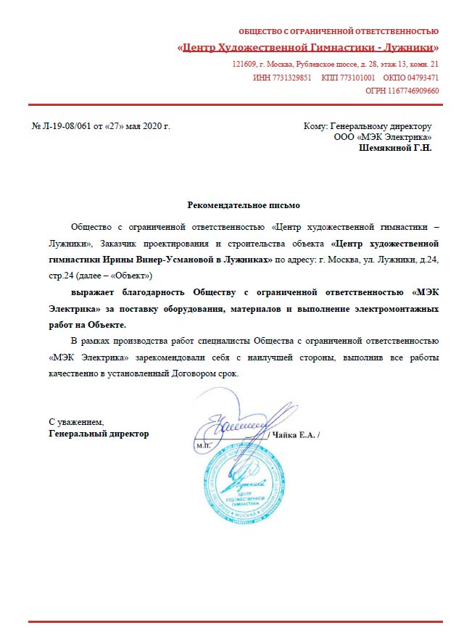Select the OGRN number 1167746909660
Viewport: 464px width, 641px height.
(x=413, y=91)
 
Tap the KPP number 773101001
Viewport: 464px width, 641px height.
(x=357, y=78)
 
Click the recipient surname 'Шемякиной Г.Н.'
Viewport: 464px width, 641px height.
(x=395, y=147)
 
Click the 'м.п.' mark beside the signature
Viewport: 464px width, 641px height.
(x=204, y=446)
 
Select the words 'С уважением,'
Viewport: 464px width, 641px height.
(x=76, y=421)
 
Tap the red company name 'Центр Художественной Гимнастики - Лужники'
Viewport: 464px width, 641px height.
(x=308, y=48)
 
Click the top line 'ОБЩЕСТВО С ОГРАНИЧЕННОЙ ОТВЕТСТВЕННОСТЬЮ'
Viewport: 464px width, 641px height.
(x=339, y=31)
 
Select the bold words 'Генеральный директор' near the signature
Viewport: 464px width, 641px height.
(x=98, y=433)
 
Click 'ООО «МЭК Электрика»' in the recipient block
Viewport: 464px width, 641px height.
(x=382, y=136)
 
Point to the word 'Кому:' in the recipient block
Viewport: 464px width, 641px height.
(x=315, y=126)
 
